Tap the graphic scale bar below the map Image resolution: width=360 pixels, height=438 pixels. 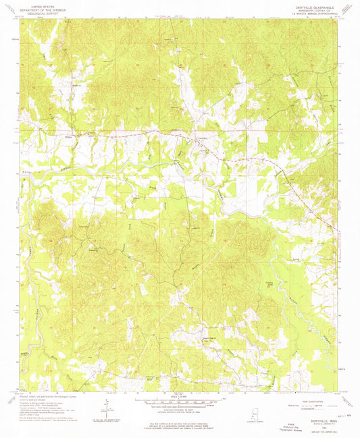pos(180,402)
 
